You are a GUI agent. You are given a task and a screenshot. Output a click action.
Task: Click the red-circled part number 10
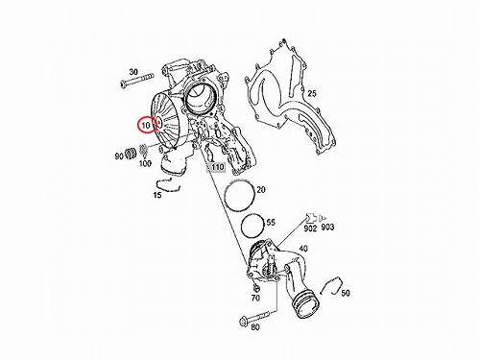[146, 125]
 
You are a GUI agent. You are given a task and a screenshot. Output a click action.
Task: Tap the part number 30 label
[133, 71]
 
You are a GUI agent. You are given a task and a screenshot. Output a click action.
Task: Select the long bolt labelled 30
[137, 81]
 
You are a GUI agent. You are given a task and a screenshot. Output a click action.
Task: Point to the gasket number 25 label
[312, 93]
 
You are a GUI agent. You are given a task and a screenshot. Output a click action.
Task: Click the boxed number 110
[217, 167]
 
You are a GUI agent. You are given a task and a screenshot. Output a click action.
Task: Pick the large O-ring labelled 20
[239, 197]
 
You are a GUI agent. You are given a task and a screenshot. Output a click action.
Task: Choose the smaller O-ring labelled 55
[252, 226]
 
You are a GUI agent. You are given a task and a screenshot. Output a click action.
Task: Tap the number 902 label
[310, 228]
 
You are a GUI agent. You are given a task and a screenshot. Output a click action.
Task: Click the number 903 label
[327, 228]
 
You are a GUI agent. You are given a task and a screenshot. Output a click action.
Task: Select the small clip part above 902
[311, 218]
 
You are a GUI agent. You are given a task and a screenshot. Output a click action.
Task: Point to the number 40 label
[302, 249]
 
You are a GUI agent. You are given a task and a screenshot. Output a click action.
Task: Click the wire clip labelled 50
[332, 285]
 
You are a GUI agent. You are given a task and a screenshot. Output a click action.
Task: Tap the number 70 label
[255, 298]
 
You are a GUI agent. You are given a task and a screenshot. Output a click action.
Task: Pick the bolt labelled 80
[258, 317]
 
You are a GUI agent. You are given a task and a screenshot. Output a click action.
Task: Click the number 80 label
[255, 327]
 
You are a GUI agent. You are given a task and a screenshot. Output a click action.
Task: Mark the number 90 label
[119, 156]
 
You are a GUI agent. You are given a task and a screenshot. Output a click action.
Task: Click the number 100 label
[145, 163]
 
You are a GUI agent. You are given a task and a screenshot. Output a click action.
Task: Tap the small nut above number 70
[255, 287]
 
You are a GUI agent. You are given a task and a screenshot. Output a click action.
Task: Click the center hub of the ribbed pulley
[159, 122]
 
